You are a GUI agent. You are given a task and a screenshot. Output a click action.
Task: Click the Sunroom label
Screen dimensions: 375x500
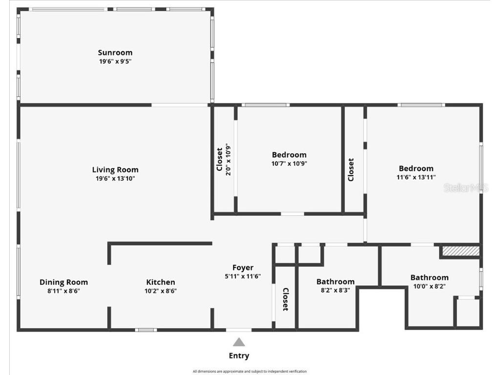coord(115,53)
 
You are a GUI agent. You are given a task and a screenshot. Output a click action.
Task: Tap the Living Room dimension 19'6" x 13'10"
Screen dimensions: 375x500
coord(115,179)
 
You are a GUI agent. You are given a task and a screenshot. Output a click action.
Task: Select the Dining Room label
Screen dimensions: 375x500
coord(63,282)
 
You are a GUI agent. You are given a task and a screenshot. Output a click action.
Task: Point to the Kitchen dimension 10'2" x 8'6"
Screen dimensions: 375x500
coord(161,291)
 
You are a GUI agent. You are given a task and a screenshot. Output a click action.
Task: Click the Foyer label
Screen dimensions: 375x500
coord(243,268)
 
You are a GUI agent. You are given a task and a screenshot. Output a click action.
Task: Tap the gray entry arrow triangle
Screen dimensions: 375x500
coord(239,342)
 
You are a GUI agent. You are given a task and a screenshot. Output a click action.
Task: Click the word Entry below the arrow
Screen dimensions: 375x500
coord(239,356)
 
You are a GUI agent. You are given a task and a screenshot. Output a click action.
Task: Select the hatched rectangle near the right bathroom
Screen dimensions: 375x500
coord(460,251)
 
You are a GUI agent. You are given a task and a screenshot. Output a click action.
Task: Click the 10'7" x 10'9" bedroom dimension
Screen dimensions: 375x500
coord(289,164)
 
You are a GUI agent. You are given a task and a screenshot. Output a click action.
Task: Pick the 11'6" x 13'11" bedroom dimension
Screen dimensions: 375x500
coord(416,178)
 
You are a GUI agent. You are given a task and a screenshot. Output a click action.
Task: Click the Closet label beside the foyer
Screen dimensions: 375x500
coord(286,299)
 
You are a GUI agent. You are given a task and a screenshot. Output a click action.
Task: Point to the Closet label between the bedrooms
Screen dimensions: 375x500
coord(351,169)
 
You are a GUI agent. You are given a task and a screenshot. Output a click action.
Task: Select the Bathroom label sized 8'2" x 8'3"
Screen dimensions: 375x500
coord(335,282)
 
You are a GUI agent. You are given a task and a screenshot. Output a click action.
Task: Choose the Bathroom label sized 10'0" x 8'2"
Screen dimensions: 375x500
coord(429,277)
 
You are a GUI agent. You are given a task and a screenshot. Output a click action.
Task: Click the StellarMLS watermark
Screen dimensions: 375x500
coord(465,187)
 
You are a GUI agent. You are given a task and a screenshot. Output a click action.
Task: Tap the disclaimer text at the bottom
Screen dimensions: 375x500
coord(250,371)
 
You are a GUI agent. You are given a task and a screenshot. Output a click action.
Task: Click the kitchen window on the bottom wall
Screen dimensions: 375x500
coord(146,330)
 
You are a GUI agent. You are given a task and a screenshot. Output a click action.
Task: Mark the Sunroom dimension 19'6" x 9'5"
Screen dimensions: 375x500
coord(115,62)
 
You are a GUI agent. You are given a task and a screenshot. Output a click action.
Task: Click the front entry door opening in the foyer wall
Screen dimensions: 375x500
coord(239,330)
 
